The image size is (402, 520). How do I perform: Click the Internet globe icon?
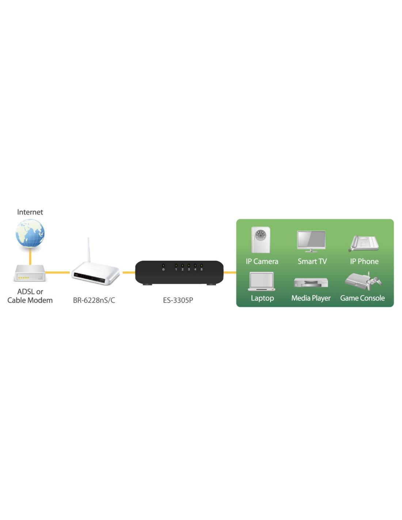pos(30,233)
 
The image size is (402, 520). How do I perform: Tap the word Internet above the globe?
pos(30,212)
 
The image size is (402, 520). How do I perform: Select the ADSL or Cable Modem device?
pos(30,273)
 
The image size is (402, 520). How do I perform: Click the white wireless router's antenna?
pos(88,249)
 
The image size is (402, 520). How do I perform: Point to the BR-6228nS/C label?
pos(94,300)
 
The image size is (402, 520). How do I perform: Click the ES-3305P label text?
pos(178,300)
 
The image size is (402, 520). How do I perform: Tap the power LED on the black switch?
pos(163,265)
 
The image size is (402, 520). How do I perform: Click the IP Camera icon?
pos(261,240)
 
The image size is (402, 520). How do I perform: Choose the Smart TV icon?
pos(311,241)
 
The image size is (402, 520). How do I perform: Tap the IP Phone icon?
pos(364,243)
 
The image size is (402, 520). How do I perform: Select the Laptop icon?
pos(261,281)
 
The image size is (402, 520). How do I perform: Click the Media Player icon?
pos(311,282)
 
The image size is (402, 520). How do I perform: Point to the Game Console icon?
pos(363,281)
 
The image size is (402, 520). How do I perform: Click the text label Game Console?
pos(362,298)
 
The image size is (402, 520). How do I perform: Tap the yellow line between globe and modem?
pos(30,256)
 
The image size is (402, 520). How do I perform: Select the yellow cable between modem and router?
pos(57,272)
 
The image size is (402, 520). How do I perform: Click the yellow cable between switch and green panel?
pos(230,272)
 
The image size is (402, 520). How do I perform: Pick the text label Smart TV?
pos(312,261)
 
